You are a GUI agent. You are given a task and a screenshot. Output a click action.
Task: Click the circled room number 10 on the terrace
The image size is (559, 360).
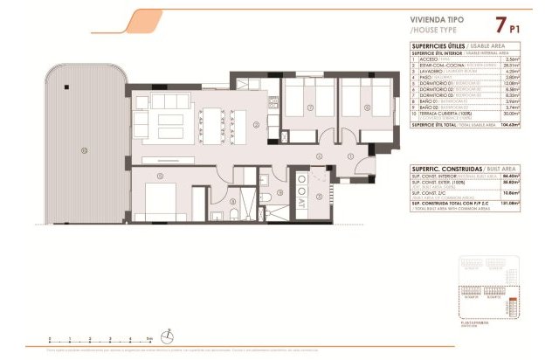(x=84, y=149)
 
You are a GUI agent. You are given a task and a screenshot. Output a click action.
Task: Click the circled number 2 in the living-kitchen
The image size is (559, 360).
(x=255, y=125)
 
